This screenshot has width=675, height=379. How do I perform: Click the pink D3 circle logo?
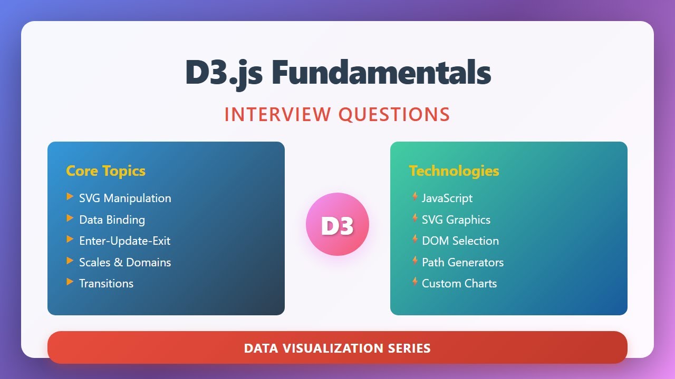click(337, 225)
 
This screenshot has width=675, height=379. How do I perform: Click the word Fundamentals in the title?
click(381, 73)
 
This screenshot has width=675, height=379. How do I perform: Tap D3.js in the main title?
click(224, 73)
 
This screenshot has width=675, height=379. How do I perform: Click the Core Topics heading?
click(105, 171)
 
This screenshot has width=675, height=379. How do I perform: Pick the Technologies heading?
click(454, 171)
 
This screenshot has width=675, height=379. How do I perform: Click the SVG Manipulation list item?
click(125, 198)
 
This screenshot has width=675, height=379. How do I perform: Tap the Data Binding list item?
click(112, 220)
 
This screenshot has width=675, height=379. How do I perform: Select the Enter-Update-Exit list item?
click(124, 241)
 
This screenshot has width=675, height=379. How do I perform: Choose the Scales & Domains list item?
click(125, 262)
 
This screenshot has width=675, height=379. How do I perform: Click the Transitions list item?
click(106, 283)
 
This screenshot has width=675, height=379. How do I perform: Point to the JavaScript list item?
click(447, 198)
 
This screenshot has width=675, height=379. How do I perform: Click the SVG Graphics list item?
click(456, 220)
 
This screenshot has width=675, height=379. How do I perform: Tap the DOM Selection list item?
click(460, 241)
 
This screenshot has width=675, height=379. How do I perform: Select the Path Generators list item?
click(462, 262)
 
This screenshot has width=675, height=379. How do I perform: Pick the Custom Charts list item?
click(459, 283)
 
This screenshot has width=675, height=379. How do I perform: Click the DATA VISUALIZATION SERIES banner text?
click(337, 348)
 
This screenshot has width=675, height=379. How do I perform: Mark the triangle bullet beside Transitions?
click(70, 282)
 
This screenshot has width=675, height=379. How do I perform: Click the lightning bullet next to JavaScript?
click(415, 197)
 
